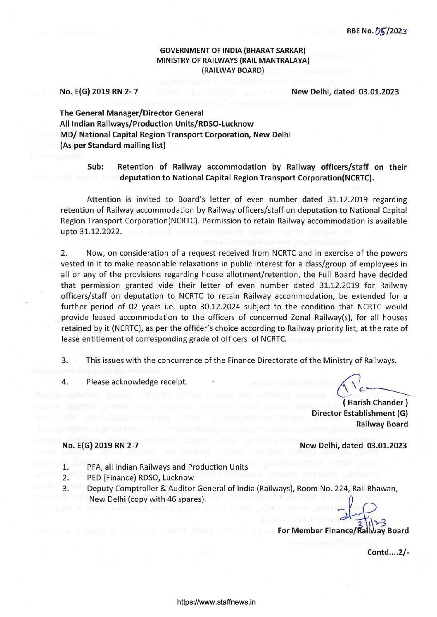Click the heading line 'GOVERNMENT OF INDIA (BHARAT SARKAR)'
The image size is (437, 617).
(x=233, y=51)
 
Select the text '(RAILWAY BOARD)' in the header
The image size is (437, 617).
(x=233, y=70)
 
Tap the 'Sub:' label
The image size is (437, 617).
(x=96, y=167)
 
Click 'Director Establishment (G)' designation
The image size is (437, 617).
(x=360, y=413)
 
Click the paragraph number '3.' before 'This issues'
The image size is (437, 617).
(x=65, y=360)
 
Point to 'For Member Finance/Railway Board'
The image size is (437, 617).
(x=343, y=530)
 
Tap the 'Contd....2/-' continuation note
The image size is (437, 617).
(x=387, y=552)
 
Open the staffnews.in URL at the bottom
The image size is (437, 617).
(x=216, y=602)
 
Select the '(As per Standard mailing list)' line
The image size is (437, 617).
(x=113, y=145)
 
